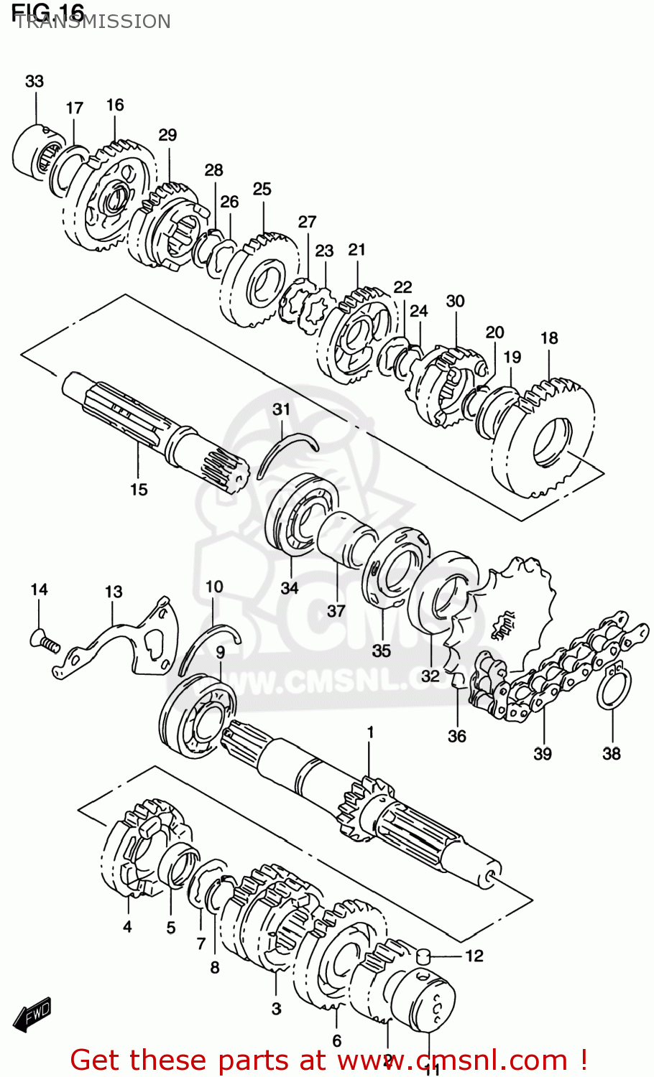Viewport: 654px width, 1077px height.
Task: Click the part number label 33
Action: pos(34,82)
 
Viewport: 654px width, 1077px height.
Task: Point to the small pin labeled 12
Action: pos(425,956)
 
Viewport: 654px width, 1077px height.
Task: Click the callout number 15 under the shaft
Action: pos(139,490)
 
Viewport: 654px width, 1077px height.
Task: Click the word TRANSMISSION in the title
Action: pos(92,22)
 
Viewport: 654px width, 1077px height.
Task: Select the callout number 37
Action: pos(336,611)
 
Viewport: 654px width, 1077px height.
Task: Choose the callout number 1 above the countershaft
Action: pos(370,732)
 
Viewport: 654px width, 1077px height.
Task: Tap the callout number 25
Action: pos(262,189)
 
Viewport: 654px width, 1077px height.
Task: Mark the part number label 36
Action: pos(457,736)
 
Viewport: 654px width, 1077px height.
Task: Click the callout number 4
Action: pos(127,927)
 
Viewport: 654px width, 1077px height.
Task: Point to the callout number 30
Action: pos(456,301)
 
